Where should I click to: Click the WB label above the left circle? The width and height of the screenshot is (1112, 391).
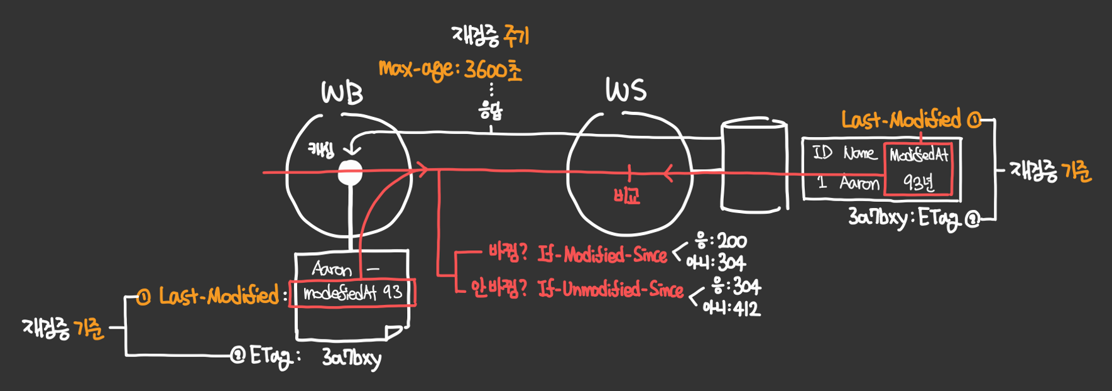[x=342, y=94]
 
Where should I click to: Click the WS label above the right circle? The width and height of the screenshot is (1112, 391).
[x=626, y=91]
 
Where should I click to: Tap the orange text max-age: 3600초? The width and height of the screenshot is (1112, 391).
[x=450, y=70]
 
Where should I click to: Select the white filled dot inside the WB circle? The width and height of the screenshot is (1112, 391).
[x=350, y=173]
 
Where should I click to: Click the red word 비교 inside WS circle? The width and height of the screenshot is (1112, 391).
[x=627, y=196]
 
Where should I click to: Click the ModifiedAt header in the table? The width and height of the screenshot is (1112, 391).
[x=918, y=155]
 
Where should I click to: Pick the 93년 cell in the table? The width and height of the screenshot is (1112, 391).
[x=918, y=182]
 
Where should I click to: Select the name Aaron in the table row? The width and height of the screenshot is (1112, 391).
[x=859, y=183]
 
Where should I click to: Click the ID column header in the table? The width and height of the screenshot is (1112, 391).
[x=822, y=153]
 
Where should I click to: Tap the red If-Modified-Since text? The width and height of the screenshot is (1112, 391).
[x=602, y=255]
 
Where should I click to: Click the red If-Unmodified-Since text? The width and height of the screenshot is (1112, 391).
[x=610, y=289]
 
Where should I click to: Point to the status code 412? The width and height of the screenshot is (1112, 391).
[x=746, y=309]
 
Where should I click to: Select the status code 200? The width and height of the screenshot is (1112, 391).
[x=732, y=241]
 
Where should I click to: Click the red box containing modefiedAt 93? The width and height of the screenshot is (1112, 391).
[x=352, y=293]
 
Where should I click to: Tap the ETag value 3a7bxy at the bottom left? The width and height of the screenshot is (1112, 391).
[x=351, y=358]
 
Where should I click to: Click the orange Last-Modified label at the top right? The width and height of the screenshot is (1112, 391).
[x=901, y=120]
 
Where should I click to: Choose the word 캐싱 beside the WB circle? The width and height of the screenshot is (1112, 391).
[x=321, y=150]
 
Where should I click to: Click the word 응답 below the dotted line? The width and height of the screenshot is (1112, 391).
[x=491, y=111]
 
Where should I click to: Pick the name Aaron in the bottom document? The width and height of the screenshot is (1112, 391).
[x=332, y=270]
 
